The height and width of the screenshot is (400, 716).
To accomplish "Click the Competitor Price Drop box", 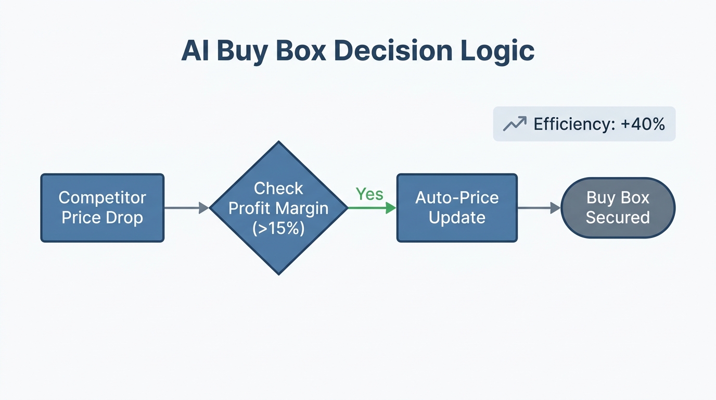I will (103, 208).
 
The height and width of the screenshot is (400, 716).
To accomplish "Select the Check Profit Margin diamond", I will (279, 208).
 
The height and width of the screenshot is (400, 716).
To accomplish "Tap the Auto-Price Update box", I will (457, 208).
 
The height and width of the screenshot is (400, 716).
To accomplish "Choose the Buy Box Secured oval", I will (618, 208).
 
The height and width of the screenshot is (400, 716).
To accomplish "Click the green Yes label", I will (369, 194).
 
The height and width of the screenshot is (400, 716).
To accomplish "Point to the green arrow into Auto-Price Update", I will (372, 208).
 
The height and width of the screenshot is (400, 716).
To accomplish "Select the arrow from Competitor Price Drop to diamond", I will (186, 208).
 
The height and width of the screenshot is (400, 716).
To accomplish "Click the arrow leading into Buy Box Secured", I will (539, 208).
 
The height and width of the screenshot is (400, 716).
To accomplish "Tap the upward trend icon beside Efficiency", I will (514, 124).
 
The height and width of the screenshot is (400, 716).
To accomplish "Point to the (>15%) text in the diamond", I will (278, 228).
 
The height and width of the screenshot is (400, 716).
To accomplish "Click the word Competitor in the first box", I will (103, 198).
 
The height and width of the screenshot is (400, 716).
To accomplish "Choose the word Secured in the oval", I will (618, 218).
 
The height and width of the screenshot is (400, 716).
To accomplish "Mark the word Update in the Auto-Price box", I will (457, 218).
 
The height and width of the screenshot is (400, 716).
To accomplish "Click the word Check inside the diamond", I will (278, 188).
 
